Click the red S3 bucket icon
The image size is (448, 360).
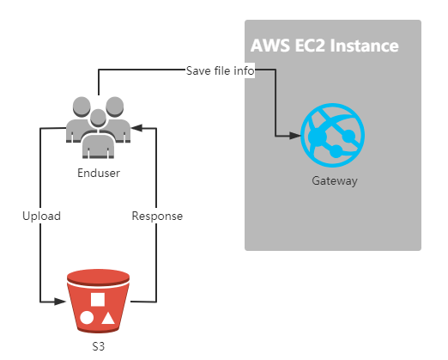tap(98, 301)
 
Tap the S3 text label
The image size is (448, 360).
tap(99, 346)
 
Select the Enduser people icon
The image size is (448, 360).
tap(99, 127)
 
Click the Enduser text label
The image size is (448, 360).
tap(99, 173)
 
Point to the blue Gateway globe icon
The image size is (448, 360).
tap(333, 135)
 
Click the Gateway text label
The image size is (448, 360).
tap(335, 181)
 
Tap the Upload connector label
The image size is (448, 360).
tap(41, 216)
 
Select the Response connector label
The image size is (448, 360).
tap(157, 216)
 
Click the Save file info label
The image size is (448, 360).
tap(220, 70)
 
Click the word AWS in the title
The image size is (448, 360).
tap(270, 46)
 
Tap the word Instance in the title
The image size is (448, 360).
tap(365, 46)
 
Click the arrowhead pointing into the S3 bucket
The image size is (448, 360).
tap(60, 302)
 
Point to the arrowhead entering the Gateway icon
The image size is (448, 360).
tap(295, 136)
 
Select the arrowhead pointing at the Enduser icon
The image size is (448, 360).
tap(136, 128)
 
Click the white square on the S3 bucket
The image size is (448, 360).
tap(98, 300)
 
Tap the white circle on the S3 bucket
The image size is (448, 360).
tap(87, 318)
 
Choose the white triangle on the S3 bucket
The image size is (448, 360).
tap(108, 318)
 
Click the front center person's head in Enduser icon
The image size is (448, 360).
tap(98, 118)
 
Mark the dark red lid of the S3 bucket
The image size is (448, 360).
tap(98, 277)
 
